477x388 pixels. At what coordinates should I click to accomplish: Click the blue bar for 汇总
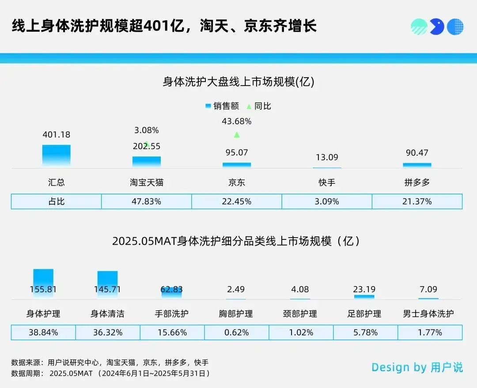[x=56, y=156]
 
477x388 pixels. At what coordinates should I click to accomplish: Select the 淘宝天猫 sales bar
[x=146, y=162]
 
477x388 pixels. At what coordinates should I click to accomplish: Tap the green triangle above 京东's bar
[x=237, y=134]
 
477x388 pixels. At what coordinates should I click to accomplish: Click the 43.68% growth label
[x=237, y=121]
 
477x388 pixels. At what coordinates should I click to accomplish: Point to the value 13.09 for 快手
[x=327, y=157]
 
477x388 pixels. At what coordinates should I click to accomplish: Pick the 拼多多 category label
[x=417, y=182]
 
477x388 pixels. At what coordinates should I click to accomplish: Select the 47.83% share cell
[x=146, y=201]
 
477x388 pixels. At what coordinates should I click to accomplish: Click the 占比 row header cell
[x=56, y=201]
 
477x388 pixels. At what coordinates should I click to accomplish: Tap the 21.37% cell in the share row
[x=417, y=201]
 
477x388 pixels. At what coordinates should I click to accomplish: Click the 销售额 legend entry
[x=222, y=106]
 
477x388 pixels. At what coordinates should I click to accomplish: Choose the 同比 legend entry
[x=259, y=106]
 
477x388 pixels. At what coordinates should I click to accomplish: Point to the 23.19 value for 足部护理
[x=364, y=289]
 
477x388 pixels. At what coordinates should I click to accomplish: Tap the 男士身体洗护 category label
[x=428, y=313]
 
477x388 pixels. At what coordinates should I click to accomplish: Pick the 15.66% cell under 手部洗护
[x=172, y=332]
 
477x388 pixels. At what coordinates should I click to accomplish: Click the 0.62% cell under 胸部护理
[x=237, y=332]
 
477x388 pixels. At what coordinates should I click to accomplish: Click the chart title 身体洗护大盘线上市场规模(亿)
[x=238, y=82]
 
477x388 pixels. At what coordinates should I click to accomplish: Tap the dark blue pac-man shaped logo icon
[x=437, y=26]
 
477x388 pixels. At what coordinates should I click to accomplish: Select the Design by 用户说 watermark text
[x=417, y=367]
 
